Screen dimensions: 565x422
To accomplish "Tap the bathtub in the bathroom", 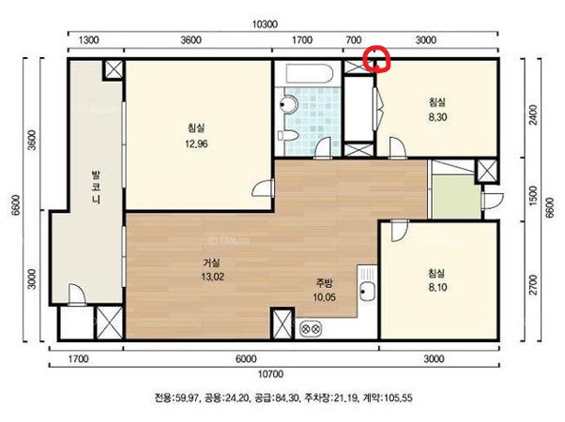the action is [x=310, y=74].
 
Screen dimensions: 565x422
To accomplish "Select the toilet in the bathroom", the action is [x=289, y=136].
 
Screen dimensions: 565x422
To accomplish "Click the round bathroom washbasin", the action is [x=289, y=104].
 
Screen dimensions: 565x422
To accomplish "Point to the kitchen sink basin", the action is [x=367, y=291].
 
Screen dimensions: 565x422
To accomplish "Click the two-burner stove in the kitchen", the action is [x=311, y=328].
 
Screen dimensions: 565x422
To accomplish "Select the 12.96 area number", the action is [x=196, y=144].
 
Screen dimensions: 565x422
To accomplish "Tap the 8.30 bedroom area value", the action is [x=437, y=117].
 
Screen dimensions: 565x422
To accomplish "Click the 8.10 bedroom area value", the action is [x=437, y=287].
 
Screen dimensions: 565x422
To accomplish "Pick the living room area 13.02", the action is [x=213, y=277].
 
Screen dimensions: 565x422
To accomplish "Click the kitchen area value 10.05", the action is [x=325, y=297].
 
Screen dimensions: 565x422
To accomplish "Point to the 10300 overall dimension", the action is [x=265, y=24].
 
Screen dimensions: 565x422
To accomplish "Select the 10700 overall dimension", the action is [x=270, y=374].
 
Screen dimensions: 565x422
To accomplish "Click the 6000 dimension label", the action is [x=246, y=359].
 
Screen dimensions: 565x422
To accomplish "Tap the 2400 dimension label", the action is [x=533, y=114].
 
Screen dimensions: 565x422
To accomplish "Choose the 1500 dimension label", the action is [x=533, y=195].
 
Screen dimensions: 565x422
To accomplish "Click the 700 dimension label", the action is [x=353, y=40].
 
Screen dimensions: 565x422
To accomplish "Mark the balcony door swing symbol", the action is [x=76, y=294].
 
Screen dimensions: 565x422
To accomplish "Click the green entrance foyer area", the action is [x=456, y=197].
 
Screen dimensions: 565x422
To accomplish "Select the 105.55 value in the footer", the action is [x=399, y=398].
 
